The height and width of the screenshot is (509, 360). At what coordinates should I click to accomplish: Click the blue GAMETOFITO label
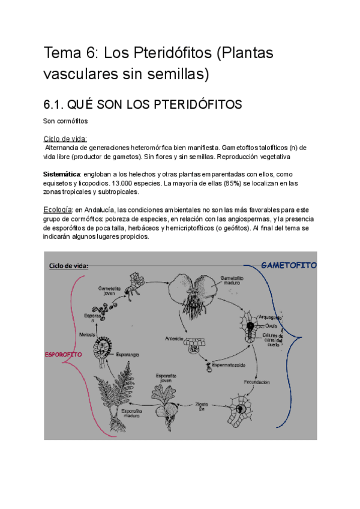pyautogui.click(x=289, y=265)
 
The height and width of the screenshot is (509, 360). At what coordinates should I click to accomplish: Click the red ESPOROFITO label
pyautogui.click(x=64, y=354)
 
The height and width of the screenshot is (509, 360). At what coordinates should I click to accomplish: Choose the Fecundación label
pyautogui.click(x=256, y=382)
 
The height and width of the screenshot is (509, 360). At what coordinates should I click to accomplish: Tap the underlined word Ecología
pyautogui.click(x=58, y=209)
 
